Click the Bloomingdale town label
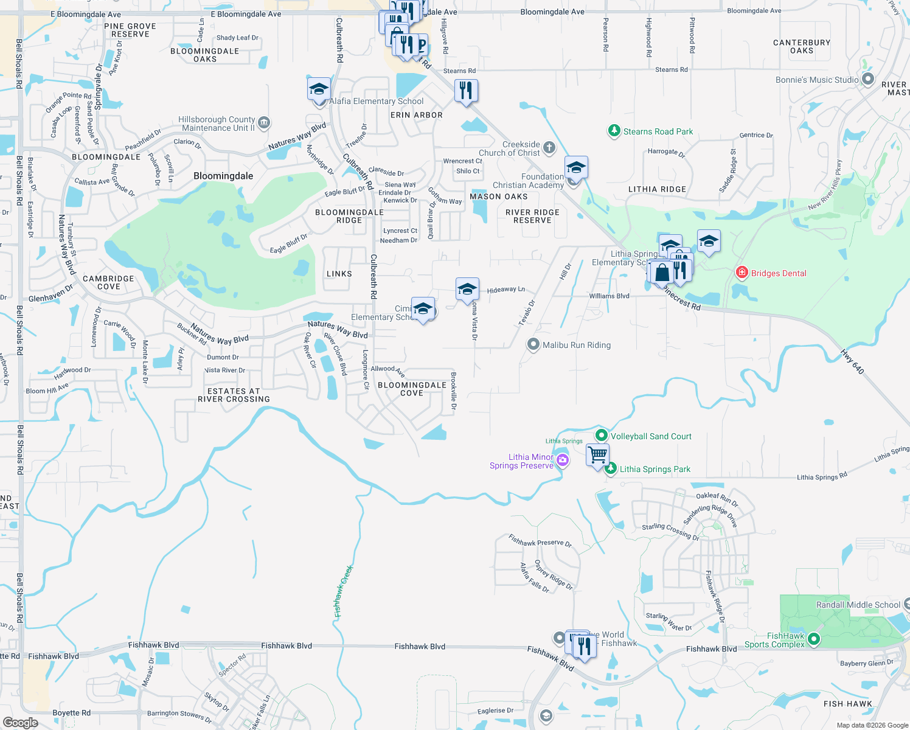click(x=223, y=176)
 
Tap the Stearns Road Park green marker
click(x=614, y=131)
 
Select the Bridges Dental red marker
click(x=742, y=273)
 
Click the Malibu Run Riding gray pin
click(x=533, y=345)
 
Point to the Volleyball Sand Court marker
click(x=602, y=436)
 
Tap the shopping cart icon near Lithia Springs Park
click(x=597, y=454)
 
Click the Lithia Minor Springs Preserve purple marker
click(x=563, y=461)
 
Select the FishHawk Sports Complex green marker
click(x=814, y=639)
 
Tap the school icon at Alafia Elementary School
click(x=319, y=90)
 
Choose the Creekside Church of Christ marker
click(x=549, y=147)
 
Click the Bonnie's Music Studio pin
click(x=868, y=79)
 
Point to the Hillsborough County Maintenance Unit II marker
click(x=264, y=123)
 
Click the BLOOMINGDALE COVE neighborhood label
click(x=412, y=389)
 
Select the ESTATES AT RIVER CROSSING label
click(x=234, y=395)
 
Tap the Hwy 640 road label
click(x=852, y=361)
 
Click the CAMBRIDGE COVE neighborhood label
click(x=108, y=282)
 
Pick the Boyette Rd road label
click(x=71, y=712)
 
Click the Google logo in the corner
click(x=21, y=722)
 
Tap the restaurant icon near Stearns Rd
click(x=465, y=91)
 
